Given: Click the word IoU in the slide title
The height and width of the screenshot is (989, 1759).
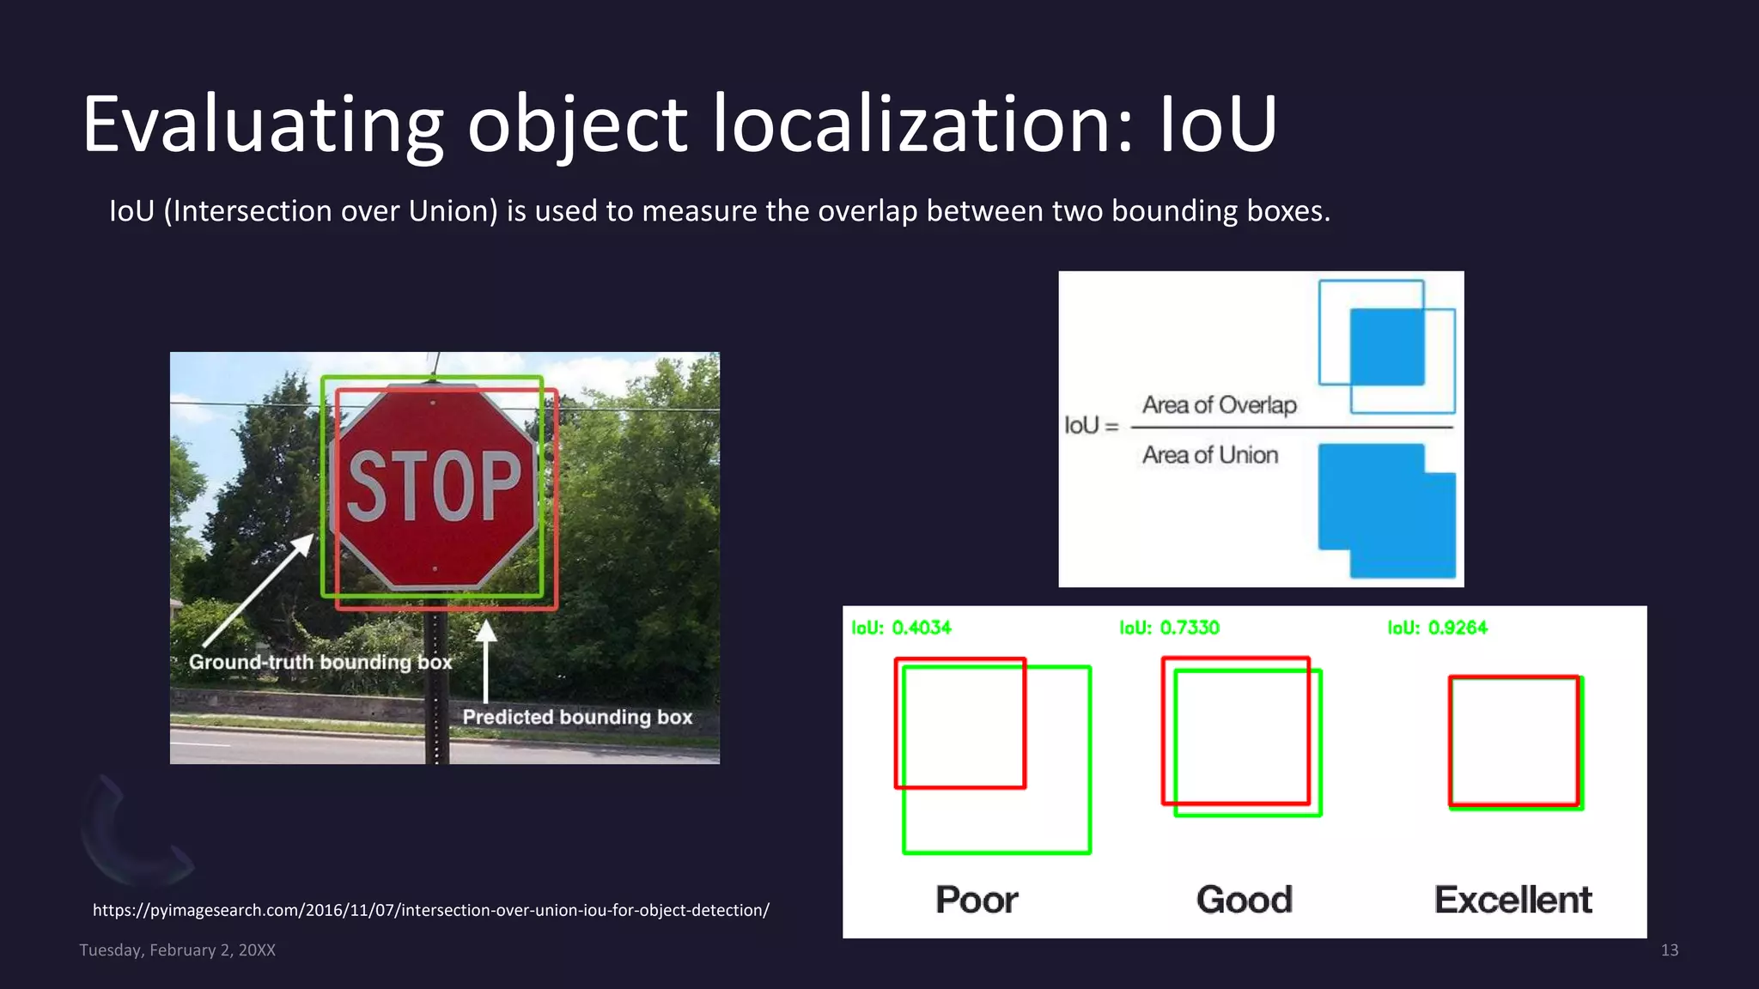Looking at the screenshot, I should pos(1218,125).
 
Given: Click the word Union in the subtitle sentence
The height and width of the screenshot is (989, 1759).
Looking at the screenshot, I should pos(453,211).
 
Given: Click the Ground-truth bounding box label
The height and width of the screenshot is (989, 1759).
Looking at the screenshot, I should pos(320,662).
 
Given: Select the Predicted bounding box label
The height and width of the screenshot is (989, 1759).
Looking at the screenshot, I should pos(577,717).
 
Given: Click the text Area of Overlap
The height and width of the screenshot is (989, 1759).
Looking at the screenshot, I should pos(1219,404).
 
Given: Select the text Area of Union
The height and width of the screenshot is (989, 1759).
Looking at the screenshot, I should pos(1209,455).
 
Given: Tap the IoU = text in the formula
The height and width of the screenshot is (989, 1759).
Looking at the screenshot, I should pos(1092,425).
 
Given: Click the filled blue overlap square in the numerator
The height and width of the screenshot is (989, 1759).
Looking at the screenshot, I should pos(1386,347).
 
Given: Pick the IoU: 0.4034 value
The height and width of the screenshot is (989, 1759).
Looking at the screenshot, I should pos(901,628).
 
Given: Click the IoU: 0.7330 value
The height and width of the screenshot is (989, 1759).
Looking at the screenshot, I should pos(1169,628).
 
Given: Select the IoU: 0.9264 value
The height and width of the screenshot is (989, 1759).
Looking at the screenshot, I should pos(1437,628).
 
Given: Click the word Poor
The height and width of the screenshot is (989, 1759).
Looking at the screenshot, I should pos(977,900).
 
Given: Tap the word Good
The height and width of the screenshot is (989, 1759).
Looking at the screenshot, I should pos(1244,900).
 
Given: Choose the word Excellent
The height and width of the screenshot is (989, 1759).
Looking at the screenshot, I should pos(1512,900).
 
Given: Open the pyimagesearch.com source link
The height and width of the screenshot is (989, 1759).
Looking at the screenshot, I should pos(430,910).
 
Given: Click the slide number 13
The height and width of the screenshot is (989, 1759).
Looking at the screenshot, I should pos(1669,950).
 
